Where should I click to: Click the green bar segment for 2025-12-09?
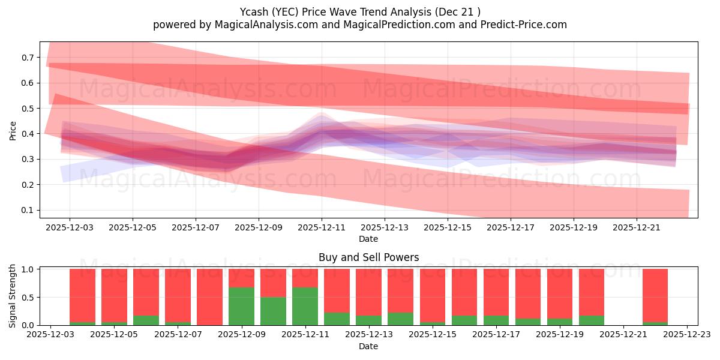click(241, 306)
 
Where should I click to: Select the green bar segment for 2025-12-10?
click(273, 311)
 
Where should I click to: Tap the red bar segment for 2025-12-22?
click(655, 295)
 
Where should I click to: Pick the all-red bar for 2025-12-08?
click(209, 297)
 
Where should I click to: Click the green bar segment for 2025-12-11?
click(305, 306)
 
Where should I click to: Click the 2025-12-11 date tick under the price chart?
click(322, 228)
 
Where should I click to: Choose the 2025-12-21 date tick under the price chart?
click(637, 228)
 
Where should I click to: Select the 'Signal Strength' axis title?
click(13, 296)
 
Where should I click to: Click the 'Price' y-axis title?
click(13, 130)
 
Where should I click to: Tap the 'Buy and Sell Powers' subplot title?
click(368, 257)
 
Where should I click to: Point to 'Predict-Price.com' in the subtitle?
click(517, 25)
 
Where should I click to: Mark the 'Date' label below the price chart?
click(368, 239)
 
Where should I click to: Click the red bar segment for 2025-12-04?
click(82, 295)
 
